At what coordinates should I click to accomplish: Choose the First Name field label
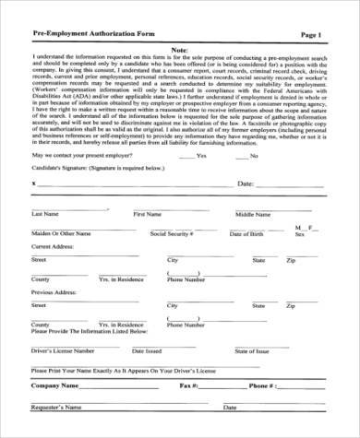pyautogui.click(x=147, y=214)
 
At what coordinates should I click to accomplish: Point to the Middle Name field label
pyautogui.click(x=253, y=214)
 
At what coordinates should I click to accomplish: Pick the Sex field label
pyautogui.click(x=299, y=234)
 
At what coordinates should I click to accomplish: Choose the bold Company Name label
pyautogui.click(x=58, y=385)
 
